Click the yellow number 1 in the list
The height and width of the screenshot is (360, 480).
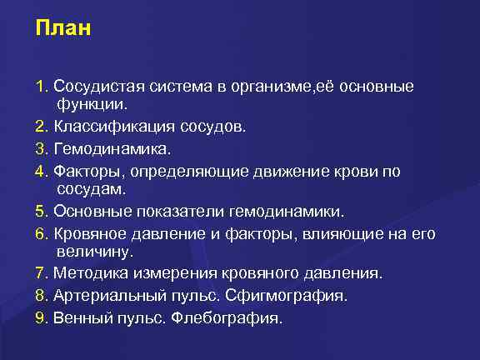pos(40,87)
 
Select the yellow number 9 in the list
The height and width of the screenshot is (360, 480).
pos(40,317)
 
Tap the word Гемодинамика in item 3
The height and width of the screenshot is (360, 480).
pos(100,149)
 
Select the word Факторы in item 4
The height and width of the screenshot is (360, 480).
pos(85,171)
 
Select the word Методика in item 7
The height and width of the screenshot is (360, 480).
pos(89,272)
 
